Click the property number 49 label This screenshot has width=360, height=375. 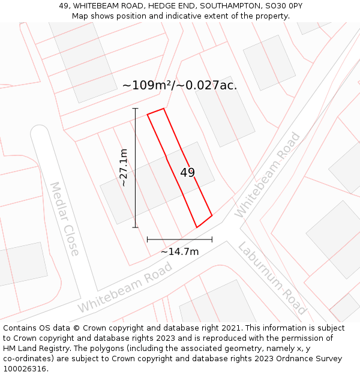click(x=188, y=173)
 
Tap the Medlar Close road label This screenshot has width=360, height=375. click(x=64, y=218)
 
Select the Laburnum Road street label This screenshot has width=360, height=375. click(x=272, y=278)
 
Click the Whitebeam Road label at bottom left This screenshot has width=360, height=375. click(x=125, y=287)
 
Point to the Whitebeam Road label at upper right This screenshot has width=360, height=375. click(x=267, y=175)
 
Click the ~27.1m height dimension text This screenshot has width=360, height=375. click(x=124, y=168)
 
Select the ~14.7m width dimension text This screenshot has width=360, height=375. click(x=179, y=252)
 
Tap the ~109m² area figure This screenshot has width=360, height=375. click(x=148, y=85)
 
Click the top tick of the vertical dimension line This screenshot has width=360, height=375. click(x=135, y=109)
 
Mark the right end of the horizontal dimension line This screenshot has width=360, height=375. click(x=212, y=239)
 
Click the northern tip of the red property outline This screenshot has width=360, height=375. click(x=163, y=109)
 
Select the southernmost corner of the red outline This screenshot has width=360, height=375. click(x=197, y=227)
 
